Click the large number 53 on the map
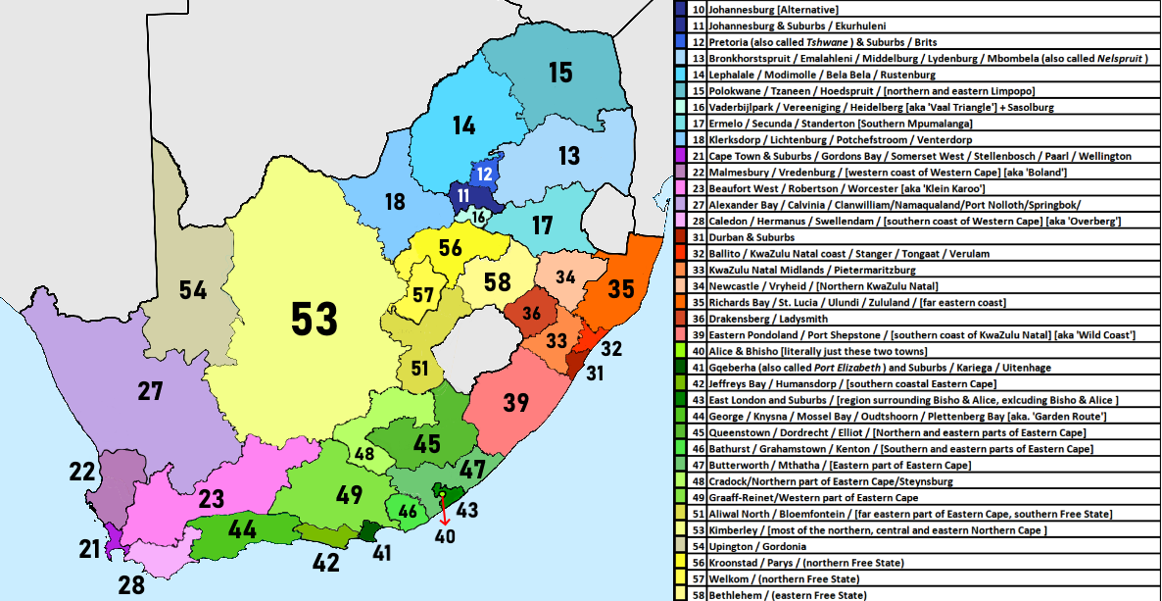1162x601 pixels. [x=315, y=319]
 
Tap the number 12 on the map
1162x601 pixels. [x=485, y=174]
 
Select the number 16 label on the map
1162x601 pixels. [x=478, y=217]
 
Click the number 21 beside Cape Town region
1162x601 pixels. [x=90, y=548]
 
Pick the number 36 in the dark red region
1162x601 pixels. [x=531, y=313]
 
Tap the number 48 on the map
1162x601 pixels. [x=364, y=454]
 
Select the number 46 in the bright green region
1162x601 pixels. [x=409, y=510]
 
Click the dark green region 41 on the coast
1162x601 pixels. [x=368, y=531]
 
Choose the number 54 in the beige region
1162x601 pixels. [x=193, y=289]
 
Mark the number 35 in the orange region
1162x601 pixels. [x=620, y=289]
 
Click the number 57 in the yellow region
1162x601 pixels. [x=423, y=294]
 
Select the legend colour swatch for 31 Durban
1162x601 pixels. [x=681, y=237]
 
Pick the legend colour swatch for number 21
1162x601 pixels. [x=681, y=156]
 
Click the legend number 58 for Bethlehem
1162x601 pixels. [x=698, y=595]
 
